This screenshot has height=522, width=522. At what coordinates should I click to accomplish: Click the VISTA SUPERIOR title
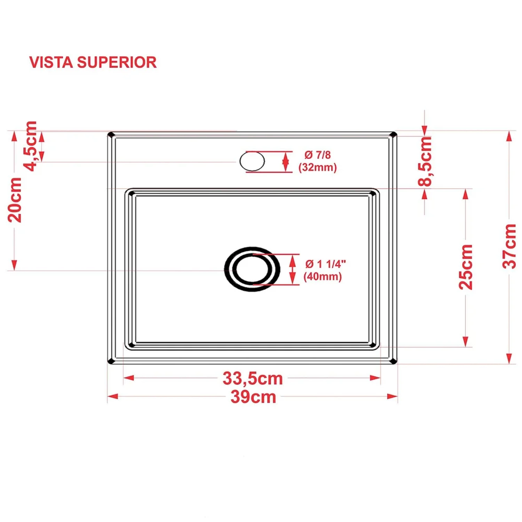tap(93, 63)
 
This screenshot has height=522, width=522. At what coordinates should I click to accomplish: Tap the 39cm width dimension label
tap(253, 397)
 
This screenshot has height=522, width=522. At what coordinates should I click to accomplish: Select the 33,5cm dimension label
tap(253, 378)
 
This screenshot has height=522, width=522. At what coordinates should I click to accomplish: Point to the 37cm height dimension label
tap(509, 246)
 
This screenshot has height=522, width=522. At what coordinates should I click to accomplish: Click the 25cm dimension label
tap(466, 267)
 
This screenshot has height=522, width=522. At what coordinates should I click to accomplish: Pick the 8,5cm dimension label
tap(425, 161)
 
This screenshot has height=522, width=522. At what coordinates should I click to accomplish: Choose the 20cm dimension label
tap(15, 200)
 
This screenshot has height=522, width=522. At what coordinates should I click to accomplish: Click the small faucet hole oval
tap(252, 161)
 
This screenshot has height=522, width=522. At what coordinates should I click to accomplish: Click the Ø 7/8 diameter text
tap(317, 155)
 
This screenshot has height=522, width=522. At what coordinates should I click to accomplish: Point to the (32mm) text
tap(318, 167)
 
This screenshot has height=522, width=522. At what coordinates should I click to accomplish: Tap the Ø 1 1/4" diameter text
tap(325, 264)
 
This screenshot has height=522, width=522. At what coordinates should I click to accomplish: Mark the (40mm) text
tap(323, 277)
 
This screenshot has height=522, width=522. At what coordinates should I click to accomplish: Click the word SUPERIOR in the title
tap(117, 63)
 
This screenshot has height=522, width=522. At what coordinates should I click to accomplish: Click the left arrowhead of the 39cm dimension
tap(112, 396)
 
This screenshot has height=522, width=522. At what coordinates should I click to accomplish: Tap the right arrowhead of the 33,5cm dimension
tap(375, 378)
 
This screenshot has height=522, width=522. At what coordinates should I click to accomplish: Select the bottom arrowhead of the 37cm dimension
tap(509, 359)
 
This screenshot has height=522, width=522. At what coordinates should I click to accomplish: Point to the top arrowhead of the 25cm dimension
tap(466, 194)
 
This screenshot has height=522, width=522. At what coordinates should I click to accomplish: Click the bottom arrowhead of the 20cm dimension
tap(14, 265)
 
